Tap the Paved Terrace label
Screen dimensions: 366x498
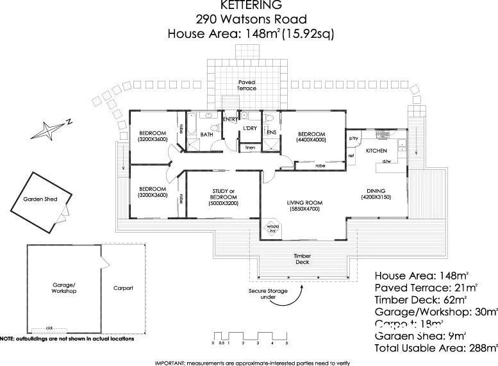tap(247, 85)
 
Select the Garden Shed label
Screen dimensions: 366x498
tap(40, 199)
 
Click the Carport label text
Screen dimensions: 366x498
tap(122, 288)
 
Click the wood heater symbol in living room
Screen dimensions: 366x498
tap(273, 229)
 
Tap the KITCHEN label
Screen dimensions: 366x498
tap(376, 151)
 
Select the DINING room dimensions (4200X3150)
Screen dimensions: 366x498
tap(376, 197)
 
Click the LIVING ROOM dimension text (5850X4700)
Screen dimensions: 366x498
tap(304, 209)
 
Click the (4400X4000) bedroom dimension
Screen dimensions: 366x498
tap(311, 140)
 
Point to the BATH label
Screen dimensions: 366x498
tap(206, 135)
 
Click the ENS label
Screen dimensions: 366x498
tap(271, 133)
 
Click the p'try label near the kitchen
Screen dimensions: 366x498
tap(353, 138)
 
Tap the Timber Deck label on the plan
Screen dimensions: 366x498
tap(303, 259)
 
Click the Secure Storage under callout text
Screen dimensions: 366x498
tap(268, 294)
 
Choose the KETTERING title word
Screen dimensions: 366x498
tap(249, 5)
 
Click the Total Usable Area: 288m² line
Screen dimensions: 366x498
tap(436, 348)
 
